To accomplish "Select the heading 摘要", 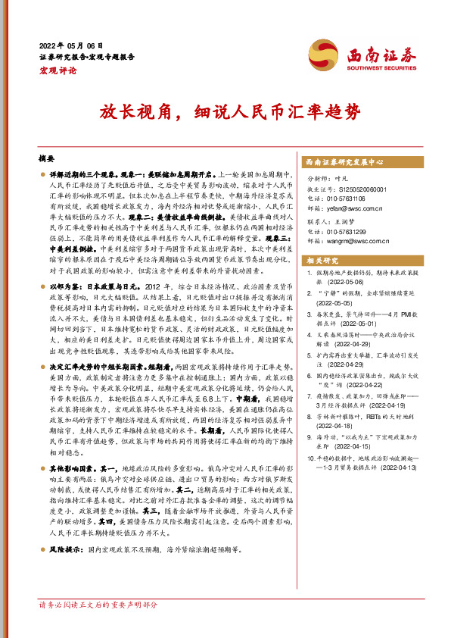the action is (x=46, y=159).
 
